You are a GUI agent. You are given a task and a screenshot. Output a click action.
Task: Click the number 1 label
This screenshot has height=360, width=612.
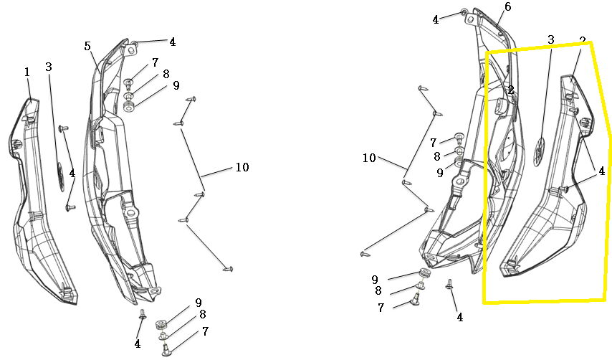coord(27,72)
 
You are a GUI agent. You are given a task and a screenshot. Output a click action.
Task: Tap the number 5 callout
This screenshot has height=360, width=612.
coord(87,46)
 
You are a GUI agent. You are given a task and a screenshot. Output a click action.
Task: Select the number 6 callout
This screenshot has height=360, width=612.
coord(507,6)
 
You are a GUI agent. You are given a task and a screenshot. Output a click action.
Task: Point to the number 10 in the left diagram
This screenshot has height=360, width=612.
coord(242,167)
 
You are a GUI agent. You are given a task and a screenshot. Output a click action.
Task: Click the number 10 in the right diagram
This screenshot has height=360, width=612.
coord(369,158)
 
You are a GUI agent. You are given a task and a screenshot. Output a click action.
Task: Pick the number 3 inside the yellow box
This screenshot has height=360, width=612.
coord(550,39)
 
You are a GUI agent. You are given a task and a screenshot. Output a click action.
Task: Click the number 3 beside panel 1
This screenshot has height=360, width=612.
coord(49,67)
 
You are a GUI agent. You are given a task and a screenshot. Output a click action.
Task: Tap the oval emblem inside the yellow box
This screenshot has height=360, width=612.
coord(540,151)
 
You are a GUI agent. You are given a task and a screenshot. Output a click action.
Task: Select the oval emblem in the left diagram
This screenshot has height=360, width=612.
coord(61,177)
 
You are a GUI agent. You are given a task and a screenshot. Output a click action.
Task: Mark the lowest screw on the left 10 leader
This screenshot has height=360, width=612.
coord(228,269)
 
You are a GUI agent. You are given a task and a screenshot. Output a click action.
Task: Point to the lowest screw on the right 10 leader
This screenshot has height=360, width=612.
coord(365,254)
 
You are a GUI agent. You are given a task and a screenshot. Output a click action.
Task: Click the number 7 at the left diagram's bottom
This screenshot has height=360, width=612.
coord(205,331)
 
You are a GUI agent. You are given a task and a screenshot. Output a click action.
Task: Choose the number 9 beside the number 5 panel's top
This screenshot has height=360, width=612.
coord(176,85)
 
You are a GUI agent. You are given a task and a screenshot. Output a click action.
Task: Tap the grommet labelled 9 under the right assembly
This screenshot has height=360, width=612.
coord(425,273)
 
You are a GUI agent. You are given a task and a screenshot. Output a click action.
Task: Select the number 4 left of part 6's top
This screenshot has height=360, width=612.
coord(436,19)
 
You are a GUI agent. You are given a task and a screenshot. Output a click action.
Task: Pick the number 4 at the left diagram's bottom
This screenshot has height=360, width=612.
coord(138,344)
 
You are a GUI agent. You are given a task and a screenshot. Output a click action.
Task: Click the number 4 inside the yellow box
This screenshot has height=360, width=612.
coord(601,171)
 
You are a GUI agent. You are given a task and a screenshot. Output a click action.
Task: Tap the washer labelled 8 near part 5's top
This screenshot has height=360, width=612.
coord(129,95)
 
